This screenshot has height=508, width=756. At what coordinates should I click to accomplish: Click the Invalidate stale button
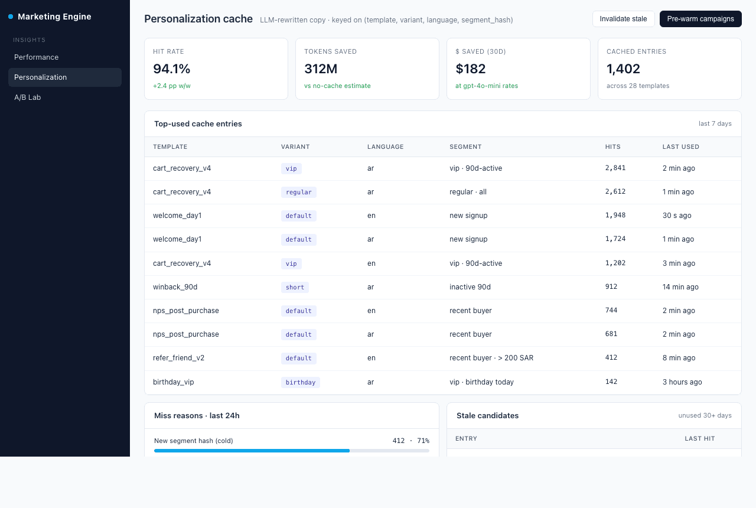click(x=623, y=19)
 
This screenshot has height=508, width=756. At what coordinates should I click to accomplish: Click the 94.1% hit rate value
click(x=171, y=69)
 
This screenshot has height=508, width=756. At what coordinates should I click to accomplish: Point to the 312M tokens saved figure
click(x=321, y=69)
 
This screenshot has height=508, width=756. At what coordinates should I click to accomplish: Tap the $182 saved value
click(x=471, y=69)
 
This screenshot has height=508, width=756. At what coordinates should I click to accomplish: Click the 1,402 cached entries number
click(x=623, y=69)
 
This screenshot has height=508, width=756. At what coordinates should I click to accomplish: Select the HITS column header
click(x=612, y=147)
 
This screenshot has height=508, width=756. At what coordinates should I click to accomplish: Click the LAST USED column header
click(x=680, y=147)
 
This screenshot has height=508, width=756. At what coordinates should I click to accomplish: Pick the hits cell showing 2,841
click(x=615, y=168)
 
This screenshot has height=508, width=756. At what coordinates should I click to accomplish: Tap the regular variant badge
click(x=299, y=192)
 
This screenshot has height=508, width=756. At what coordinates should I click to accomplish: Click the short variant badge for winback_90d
click(x=295, y=287)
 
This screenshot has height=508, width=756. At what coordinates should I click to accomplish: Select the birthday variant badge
click(x=301, y=382)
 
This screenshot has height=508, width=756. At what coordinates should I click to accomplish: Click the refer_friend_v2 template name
click(x=178, y=358)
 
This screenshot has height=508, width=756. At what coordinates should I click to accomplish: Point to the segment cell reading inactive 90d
click(x=470, y=287)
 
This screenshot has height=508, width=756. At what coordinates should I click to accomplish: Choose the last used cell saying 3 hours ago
click(x=682, y=382)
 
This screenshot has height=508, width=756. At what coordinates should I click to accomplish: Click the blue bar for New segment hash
click(x=252, y=451)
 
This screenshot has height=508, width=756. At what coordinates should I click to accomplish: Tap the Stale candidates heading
click(x=487, y=415)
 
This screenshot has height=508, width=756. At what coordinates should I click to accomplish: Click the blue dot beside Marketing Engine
click(x=11, y=17)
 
